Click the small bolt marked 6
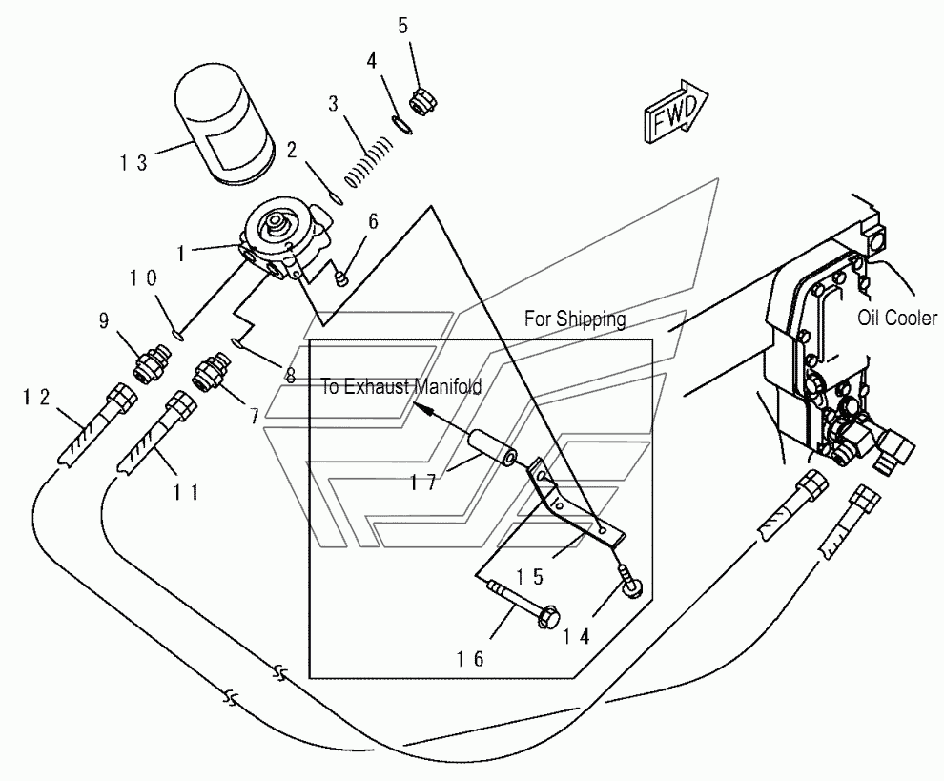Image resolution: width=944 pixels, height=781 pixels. (x=341, y=277)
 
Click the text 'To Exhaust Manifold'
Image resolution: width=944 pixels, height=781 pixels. (x=400, y=387)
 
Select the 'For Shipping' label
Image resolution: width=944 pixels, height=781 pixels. (x=575, y=319)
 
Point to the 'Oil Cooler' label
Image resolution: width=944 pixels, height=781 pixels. (x=896, y=319)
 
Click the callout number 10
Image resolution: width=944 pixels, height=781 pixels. (x=144, y=277)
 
